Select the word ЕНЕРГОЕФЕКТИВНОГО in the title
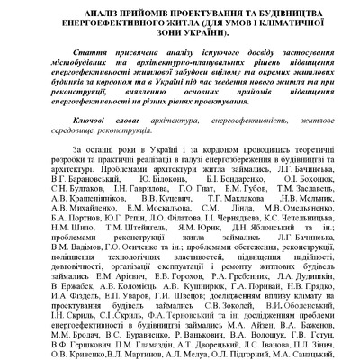coord(109,22)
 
